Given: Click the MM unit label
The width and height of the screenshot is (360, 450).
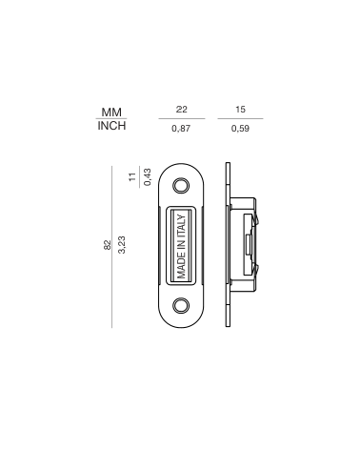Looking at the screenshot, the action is tap(111, 112).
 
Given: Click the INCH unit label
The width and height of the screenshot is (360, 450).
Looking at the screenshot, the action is tap(111, 126).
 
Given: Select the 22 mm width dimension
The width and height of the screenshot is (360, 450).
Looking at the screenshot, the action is tap(182, 110).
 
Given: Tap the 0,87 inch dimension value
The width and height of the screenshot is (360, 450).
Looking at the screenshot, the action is tap(181, 129).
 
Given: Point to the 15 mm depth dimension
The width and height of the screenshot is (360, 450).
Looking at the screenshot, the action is tap(240, 110).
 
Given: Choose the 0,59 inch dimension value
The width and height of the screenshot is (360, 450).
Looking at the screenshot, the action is tap(240, 129).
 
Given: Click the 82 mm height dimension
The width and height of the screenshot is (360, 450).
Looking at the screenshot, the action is tap(108, 245).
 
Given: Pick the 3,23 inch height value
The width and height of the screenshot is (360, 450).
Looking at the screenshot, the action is tap(122, 245).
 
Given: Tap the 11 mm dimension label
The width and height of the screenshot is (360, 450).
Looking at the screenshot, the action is tap(132, 176).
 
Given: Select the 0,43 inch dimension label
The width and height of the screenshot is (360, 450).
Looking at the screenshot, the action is tap(148, 177).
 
